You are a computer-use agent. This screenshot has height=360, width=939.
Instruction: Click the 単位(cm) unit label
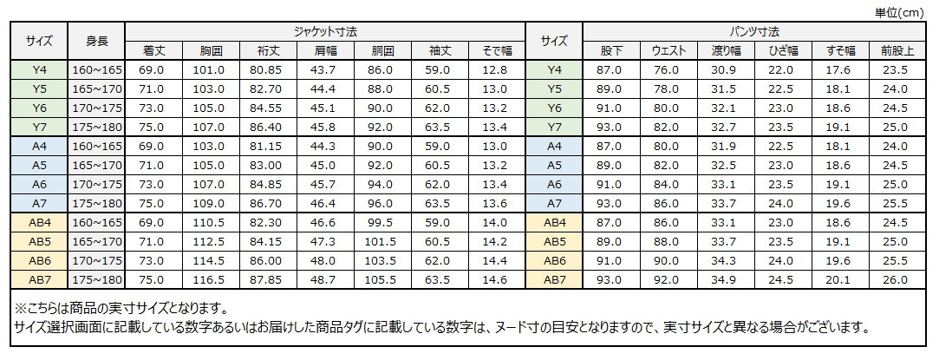903,11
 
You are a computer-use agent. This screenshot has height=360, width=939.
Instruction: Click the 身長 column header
97,41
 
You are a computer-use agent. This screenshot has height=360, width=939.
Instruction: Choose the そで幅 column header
493,50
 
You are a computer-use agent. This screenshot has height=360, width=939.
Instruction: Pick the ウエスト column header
669,50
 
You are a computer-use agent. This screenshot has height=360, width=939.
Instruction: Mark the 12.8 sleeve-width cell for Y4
493,69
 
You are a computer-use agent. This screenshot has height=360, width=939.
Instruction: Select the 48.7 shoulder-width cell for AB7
323,279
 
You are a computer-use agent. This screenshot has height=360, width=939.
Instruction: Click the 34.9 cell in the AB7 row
724,279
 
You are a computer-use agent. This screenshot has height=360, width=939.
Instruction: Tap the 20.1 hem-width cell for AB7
838,279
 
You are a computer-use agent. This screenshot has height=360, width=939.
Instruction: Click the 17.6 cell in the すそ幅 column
838,69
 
